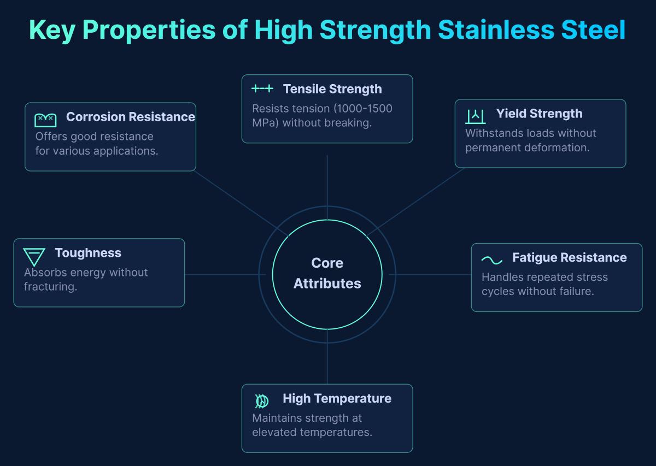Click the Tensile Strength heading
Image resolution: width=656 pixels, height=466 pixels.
pyautogui.click(x=332, y=89)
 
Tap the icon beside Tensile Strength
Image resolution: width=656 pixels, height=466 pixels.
pyautogui.click(x=262, y=89)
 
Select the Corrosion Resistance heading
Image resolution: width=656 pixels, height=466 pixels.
pyautogui.click(x=130, y=117)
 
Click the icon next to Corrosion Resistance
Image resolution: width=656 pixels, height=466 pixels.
pyautogui.click(x=45, y=120)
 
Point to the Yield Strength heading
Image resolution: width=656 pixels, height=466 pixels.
pyautogui.click(x=539, y=114)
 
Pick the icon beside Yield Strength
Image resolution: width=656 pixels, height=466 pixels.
pyautogui.click(x=475, y=116)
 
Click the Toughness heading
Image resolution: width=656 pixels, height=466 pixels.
pyautogui.click(x=88, y=253)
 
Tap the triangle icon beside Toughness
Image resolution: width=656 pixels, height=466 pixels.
pyautogui.click(x=34, y=256)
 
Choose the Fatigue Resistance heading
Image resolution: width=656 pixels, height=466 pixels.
pyautogui.click(x=569, y=258)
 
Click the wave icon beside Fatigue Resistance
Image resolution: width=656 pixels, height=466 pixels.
pyautogui.click(x=491, y=260)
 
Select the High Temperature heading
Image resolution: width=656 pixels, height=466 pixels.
pyautogui.click(x=337, y=399)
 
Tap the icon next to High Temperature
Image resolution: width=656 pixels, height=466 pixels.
pyautogui.click(x=262, y=401)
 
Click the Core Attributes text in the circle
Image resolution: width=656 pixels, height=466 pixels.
pyautogui.click(x=327, y=273)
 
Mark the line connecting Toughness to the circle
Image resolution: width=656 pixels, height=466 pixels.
pyautogui.click(x=224, y=274)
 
